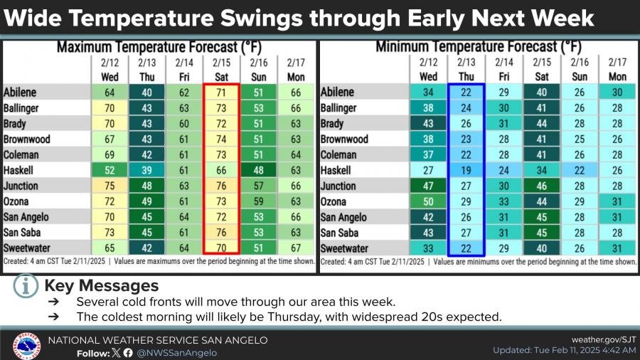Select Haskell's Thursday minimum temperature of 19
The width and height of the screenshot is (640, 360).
click(466, 171)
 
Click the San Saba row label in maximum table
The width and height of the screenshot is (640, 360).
click(25, 233)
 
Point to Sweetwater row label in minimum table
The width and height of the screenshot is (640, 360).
click(346, 249)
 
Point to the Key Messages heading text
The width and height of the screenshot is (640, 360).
click(101, 286)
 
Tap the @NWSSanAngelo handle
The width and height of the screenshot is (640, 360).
click(177, 352)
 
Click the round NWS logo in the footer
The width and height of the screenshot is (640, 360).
click(26, 346)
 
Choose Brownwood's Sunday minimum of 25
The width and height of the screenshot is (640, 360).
click(579, 139)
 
